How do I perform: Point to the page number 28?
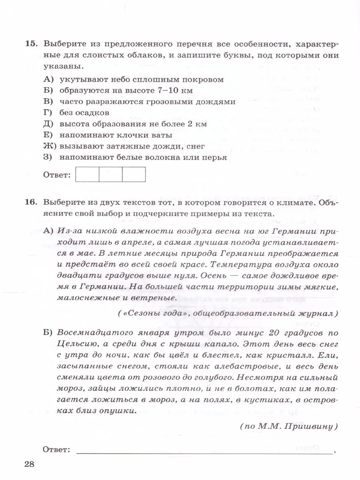(x=29, y=464)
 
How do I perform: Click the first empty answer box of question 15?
(x=87, y=174)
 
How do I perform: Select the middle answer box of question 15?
(x=110, y=174)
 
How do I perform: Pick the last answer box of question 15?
(x=134, y=174)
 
